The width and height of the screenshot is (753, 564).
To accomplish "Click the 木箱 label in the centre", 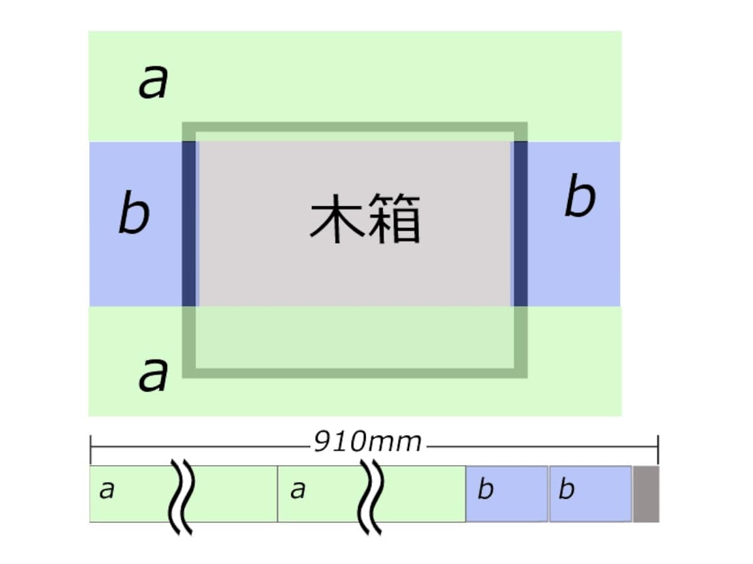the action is (365, 219).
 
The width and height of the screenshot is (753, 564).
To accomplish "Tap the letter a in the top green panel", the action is (153, 82).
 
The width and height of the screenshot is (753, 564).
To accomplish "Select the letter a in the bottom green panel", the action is (153, 375).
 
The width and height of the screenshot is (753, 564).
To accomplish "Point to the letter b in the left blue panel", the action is (134, 212).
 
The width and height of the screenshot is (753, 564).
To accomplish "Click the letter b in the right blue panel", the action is (580, 195).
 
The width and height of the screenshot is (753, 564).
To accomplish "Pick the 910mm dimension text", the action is (368, 442).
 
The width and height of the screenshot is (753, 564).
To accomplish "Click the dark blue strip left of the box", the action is (189, 224).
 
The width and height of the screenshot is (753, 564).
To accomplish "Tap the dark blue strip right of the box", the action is (520, 224).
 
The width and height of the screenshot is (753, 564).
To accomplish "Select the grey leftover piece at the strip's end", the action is (646, 494).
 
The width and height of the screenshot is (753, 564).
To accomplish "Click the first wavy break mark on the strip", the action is (181, 496).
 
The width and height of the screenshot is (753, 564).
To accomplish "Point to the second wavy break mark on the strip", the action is (370, 496).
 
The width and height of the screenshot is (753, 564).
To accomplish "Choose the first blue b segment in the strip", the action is (506, 494).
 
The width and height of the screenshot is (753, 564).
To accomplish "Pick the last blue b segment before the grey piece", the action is (590, 494).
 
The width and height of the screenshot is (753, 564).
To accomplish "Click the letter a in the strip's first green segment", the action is (106, 489).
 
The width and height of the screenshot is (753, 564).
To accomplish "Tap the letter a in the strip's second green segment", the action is (297, 489).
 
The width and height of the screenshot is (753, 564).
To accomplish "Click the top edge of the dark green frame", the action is (355, 127).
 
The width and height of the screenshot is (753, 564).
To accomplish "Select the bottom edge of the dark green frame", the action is (355, 373).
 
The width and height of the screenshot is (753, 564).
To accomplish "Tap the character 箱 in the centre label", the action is (395, 219).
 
